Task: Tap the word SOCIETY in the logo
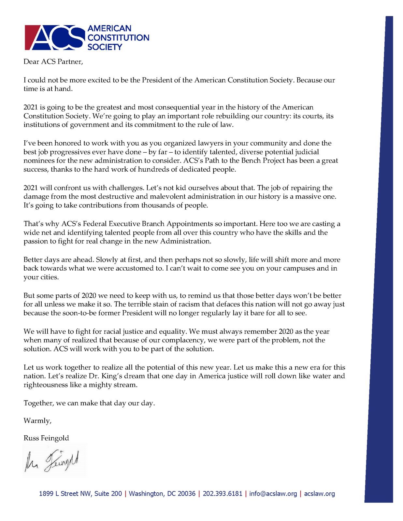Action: [105, 47]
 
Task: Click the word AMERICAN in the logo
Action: [109, 29]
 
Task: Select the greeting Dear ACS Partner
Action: [53, 62]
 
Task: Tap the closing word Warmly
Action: [37, 421]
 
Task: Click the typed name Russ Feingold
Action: [46, 438]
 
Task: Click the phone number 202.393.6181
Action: [223, 494]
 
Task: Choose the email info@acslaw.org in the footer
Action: [273, 494]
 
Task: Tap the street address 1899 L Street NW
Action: [80, 494]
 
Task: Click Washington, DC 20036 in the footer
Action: [162, 494]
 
